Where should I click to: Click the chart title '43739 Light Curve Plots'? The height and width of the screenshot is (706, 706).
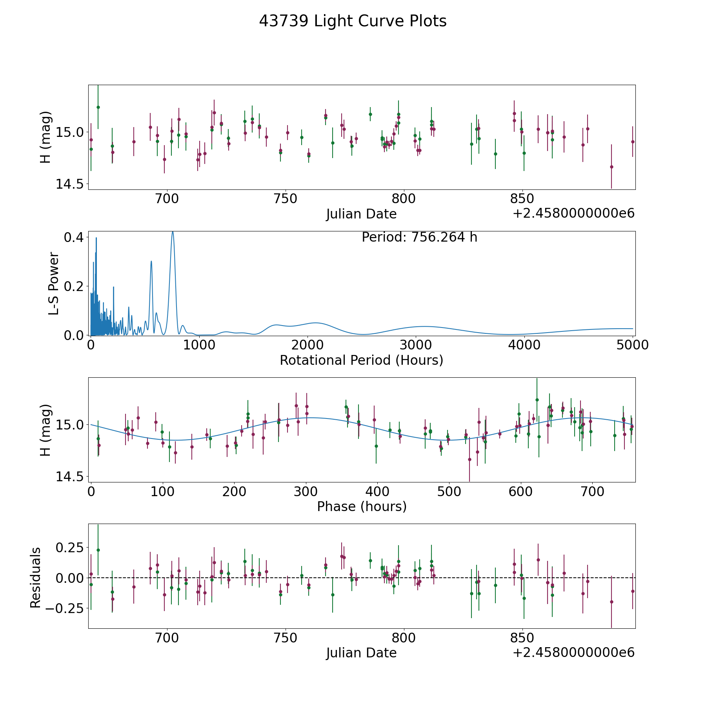[353, 21]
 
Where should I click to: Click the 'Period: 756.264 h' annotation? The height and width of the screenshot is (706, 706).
[419, 237]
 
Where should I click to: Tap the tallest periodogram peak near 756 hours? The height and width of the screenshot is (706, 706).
[173, 232]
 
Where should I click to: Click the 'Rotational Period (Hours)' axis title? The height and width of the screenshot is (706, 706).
[361, 360]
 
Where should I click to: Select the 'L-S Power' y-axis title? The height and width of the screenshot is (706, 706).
[54, 284]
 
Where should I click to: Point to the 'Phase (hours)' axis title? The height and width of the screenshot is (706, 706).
[362, 506]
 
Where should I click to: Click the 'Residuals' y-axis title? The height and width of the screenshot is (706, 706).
[36, 578]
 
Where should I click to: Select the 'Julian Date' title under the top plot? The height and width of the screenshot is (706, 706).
[361, 214]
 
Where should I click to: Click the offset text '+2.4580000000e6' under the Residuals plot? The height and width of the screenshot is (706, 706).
[573, 652]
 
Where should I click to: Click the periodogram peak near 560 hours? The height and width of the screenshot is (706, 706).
[151, 262]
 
